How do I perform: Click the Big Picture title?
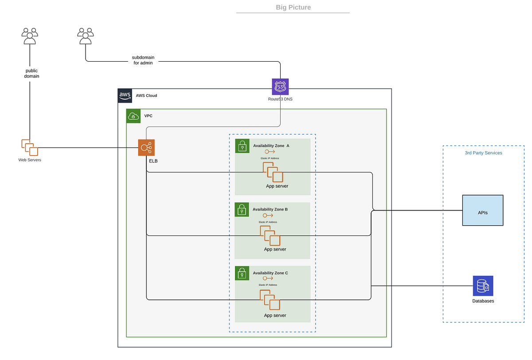293,7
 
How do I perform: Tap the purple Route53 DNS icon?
280,87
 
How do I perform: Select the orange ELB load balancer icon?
146,148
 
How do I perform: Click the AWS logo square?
125,96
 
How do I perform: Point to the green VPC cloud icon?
133,116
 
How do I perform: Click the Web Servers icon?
30,148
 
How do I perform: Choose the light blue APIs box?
483,210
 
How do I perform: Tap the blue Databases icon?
483,286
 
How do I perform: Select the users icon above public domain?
30,36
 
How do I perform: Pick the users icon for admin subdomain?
86,36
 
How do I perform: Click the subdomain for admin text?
143,60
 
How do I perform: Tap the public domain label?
31,74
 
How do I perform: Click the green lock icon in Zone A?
242,146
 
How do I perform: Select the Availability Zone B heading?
270,209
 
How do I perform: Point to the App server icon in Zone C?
270,300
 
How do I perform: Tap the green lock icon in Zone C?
242,273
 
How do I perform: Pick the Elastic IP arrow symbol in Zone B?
268,215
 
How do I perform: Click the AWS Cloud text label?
146,96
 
